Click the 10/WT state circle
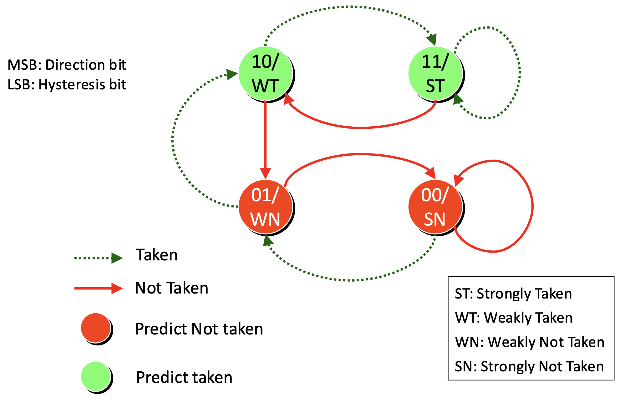(266, 74)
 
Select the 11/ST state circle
(435, 74)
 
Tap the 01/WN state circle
(266, 207)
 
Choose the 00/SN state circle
(435, 207)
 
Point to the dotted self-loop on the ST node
(519, 73)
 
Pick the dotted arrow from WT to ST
(350, 7)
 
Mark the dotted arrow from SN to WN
(350, 280)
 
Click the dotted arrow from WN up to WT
(173, 141)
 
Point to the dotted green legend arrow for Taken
(98, 258)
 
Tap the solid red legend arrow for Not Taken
(98, 288)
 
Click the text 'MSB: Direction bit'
(67, 65)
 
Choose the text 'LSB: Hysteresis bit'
(67, 84)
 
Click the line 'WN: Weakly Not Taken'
(530, 342)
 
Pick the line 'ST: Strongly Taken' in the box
(513, 294)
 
